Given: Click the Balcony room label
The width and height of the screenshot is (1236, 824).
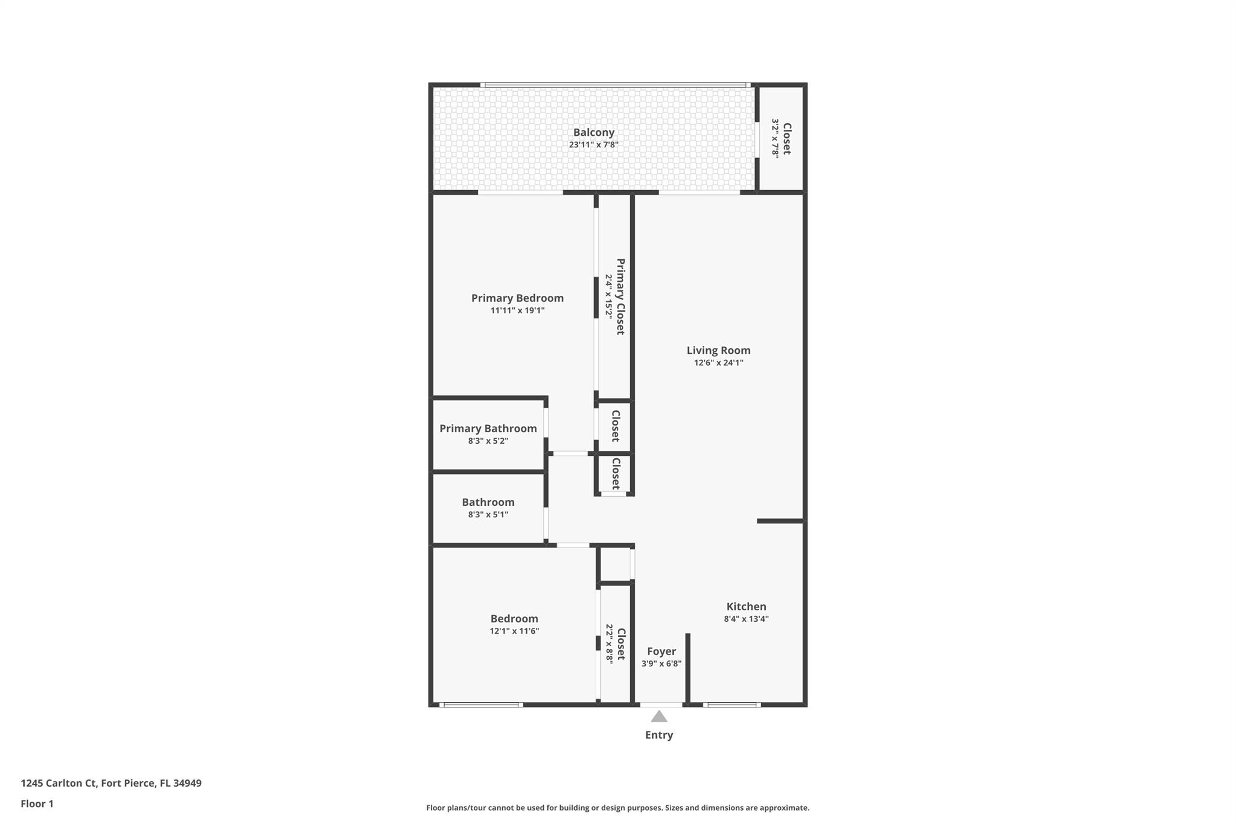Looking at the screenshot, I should click(593, 132).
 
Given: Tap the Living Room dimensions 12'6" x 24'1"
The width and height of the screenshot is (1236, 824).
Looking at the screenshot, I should click(718, 363).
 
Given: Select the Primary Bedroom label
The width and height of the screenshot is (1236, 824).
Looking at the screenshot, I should click(517, 298).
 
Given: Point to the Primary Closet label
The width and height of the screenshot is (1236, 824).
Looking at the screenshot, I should click(620, 296).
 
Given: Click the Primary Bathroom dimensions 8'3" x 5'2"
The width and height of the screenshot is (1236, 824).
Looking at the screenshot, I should click(488, 441).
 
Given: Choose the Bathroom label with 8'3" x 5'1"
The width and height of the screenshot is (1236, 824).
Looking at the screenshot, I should click(488, 502).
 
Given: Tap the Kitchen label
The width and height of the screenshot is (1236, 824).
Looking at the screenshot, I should click(746, 607).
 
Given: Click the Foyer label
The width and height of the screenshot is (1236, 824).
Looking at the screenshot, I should click(661, 651).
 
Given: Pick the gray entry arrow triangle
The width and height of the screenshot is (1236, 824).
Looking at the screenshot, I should click(659, 717).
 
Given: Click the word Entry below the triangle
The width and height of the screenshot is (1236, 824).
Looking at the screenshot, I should click(659, 735).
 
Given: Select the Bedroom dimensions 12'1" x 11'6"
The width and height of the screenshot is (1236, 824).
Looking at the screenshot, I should click(514, 631).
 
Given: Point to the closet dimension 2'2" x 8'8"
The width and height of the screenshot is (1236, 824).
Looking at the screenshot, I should click(609, 644).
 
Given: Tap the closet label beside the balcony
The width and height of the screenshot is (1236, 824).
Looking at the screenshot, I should click(786, 138).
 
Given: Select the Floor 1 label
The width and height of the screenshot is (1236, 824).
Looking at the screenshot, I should click(37, 803).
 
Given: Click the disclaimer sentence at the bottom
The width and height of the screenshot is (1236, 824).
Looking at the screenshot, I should click(617, 808).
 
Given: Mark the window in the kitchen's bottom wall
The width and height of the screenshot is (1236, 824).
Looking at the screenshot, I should click(731, 704).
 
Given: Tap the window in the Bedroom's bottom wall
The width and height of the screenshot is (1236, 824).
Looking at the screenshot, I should click(481, 704).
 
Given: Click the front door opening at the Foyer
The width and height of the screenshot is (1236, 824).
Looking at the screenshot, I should click(661, 704).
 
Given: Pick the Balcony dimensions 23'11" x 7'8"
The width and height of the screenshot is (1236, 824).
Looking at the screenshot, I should click(593, 145).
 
